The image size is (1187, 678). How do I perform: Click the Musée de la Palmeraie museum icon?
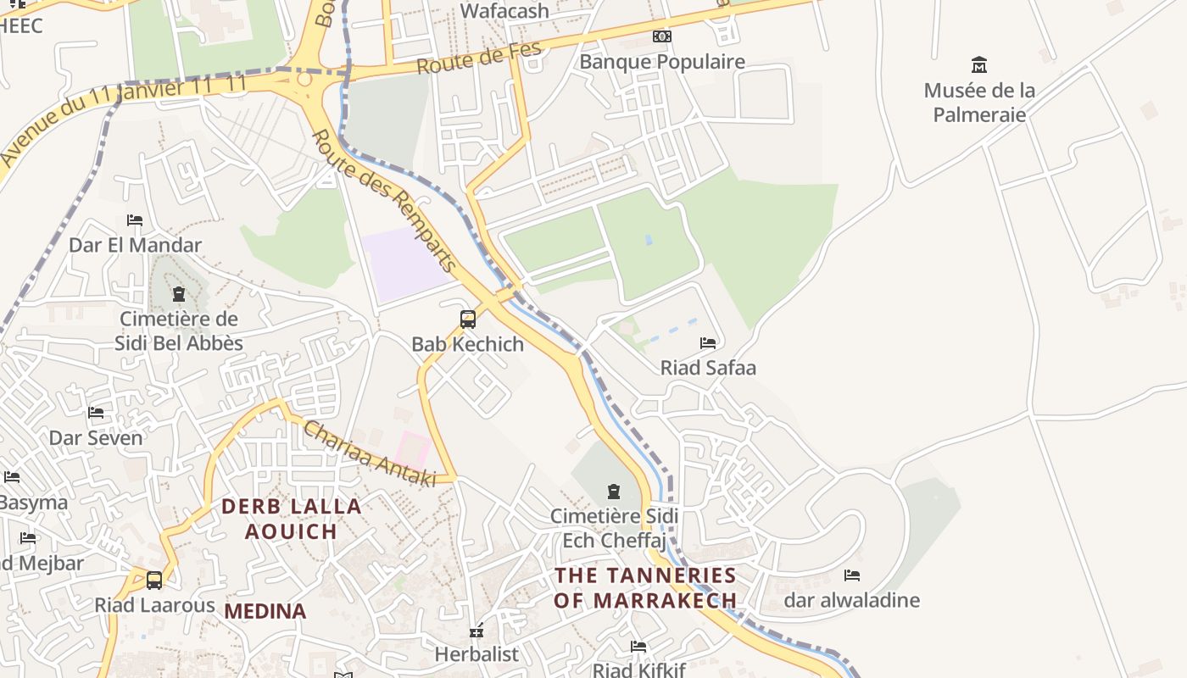(x=979, y=65)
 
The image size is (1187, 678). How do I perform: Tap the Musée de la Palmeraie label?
(x=979, y=102)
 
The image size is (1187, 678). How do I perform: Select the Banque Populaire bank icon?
(x=661, y=36)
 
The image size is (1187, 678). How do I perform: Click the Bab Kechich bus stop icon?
(x=467, y=320)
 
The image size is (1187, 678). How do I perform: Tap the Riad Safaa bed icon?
(x=708, y=343)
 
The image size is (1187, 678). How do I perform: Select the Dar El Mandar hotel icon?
(x=135, y=220)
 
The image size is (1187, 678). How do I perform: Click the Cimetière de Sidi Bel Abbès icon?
(x=179, y=294)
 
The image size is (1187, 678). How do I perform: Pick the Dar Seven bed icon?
(x=96, y=413)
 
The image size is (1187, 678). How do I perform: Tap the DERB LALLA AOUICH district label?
(x=291, y=519)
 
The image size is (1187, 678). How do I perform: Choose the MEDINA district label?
(x=265, y=611)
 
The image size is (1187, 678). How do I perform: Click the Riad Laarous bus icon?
(x=154, y=581)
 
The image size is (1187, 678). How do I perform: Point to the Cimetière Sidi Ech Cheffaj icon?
(x=614, y=492)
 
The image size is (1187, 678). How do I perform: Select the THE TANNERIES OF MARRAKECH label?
(x=645, y=587)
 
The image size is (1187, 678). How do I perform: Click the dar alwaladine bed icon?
(x=852, y=575)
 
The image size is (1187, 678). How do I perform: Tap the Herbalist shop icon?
(x=476, y=631)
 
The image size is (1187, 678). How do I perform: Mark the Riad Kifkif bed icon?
(x=638, y=647)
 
